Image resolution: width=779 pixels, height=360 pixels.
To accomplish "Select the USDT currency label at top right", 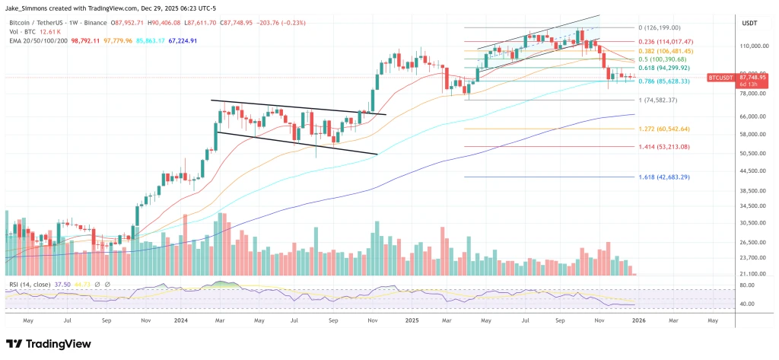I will click(x=749, y=24).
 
